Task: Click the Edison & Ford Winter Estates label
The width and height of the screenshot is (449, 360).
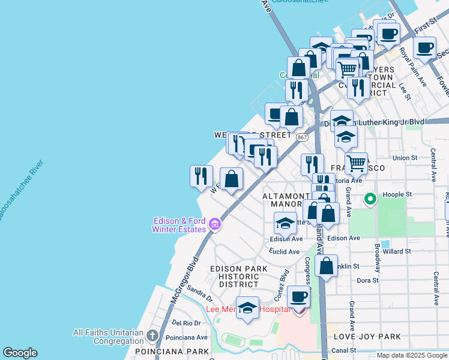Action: coord(179,225)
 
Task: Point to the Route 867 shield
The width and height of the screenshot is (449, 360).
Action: coord(302,137)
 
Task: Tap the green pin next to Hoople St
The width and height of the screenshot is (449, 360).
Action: coord(370,199)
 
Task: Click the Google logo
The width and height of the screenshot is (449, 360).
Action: coord(20,353)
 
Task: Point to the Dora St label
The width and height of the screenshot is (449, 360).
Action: coord(367,280)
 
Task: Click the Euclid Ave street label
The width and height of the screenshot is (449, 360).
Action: coord(284,251)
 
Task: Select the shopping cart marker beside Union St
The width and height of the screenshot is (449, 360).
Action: coord(357,163)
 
